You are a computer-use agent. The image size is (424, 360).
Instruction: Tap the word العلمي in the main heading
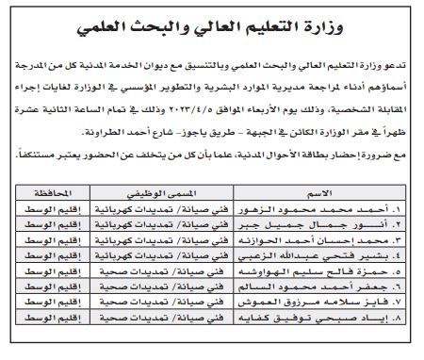pos(124,22)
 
